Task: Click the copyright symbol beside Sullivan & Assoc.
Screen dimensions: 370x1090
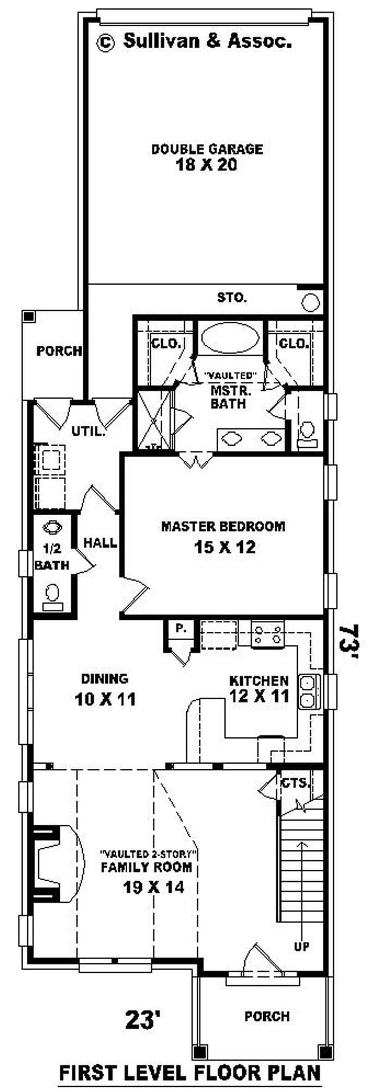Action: [105, 43]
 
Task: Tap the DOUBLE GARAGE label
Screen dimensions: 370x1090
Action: [207, 149]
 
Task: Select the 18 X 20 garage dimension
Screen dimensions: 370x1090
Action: [206, 165]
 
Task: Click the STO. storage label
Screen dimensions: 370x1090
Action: [232, 298]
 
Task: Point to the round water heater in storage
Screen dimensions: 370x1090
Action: [310, 303]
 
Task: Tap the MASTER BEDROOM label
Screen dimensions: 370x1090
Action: [223, 526]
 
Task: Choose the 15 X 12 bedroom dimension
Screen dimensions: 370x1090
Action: [225, 547]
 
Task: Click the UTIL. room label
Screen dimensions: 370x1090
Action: [88, 432]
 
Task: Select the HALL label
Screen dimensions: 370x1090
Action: [100, 542]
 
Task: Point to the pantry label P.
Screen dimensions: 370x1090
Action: [180, 628]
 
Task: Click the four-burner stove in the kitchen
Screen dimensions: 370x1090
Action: [268, 634]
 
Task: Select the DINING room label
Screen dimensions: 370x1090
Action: [105, 679]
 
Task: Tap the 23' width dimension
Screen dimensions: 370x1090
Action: [143, 1020]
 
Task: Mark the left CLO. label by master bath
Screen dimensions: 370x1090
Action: [165, 343]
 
